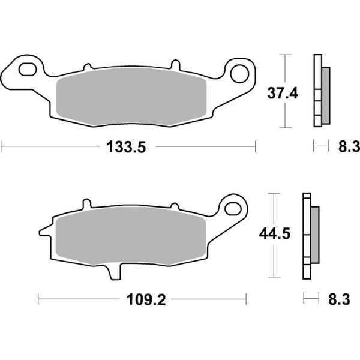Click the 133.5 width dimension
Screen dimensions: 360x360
tap(127, 146)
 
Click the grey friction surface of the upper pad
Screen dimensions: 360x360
tap(131, 100)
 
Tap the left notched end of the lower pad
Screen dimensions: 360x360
tap(44, 230)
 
